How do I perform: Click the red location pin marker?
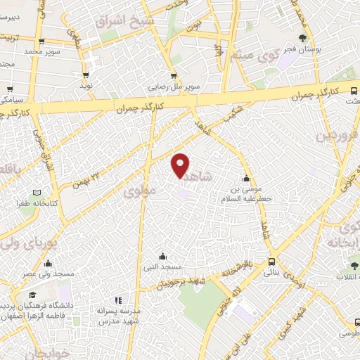(181, 166)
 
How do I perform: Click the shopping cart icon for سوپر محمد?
(42, 41)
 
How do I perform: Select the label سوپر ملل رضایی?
(173, 86)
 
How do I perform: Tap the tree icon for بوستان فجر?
(303, 38)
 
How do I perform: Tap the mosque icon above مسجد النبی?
(162, 256)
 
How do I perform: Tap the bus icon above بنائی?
(272, 262)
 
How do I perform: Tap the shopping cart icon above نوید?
(86, 74)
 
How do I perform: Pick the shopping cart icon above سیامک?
(10, 89)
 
